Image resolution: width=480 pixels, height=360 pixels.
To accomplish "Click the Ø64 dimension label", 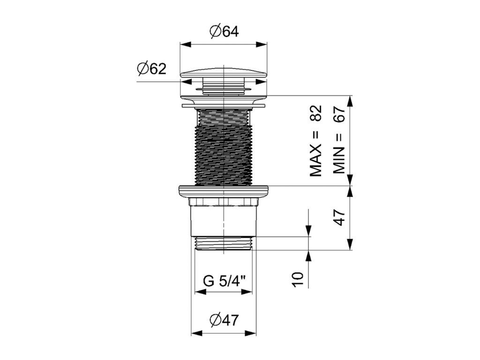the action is point(224,31).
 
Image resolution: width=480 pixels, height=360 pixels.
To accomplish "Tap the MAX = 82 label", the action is point(315,141).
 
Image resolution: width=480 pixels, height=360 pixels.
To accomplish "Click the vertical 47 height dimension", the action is point(339,217).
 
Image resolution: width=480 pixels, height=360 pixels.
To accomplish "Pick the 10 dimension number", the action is point(298,279).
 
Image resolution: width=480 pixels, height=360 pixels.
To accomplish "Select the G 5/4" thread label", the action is point(225,281).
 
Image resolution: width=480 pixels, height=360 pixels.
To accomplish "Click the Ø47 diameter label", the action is point(224,320).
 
